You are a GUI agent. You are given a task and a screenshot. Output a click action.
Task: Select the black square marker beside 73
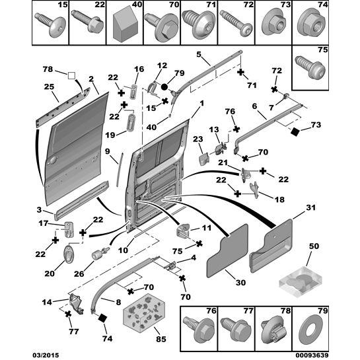tap(295, 132)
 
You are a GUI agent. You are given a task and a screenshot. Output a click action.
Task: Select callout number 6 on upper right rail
tap(254, 106)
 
